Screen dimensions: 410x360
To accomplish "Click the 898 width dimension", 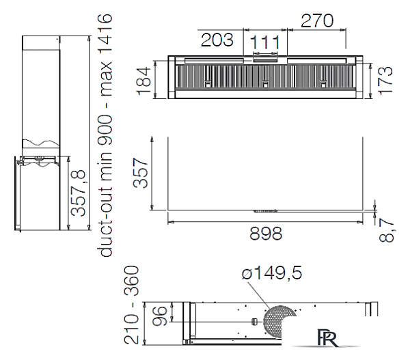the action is [266, 234].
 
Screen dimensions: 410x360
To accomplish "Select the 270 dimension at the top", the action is [317, 20].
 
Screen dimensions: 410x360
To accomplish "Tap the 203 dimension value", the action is [217, 40].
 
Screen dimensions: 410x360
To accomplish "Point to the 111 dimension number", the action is [265, 42].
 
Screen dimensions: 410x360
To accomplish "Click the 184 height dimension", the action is [143, 81].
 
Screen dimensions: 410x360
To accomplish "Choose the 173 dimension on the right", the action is [385, 81].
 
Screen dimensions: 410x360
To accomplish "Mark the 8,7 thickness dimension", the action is [386, 231].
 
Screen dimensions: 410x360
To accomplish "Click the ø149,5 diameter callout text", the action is [272, 273].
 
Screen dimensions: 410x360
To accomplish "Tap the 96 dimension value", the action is [159, 316].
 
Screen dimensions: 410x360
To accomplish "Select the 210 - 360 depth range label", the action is [131, 305].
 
